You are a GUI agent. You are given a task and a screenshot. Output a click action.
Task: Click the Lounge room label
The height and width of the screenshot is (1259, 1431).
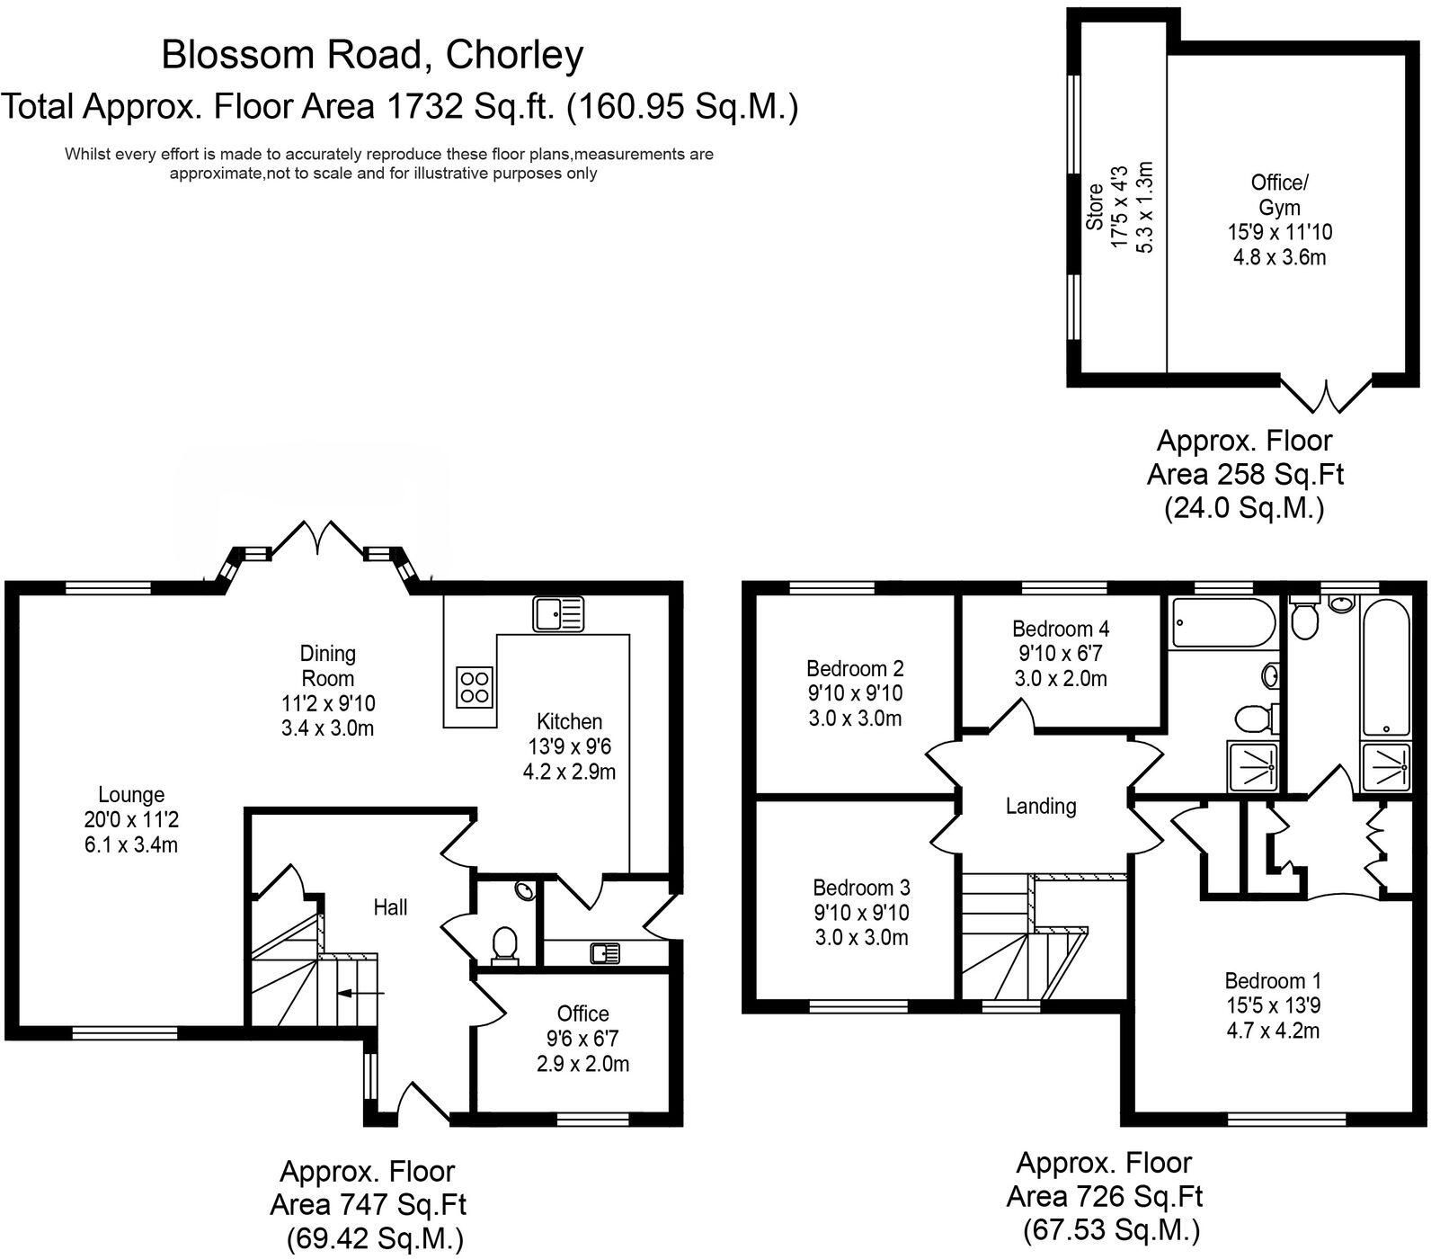coord(131,795)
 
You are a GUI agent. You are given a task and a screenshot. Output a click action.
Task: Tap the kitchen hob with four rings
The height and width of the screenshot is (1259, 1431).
coord(475,686)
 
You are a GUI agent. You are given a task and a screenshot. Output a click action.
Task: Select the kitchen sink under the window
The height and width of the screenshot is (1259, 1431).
coord(558,614)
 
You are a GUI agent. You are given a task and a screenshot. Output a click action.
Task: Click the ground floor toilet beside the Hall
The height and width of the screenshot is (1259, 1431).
coord(505,944)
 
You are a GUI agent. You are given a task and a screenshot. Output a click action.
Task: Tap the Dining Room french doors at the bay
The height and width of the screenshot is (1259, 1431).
coord(316,538)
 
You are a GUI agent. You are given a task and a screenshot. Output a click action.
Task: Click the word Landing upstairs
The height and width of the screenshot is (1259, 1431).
coord(1040,806)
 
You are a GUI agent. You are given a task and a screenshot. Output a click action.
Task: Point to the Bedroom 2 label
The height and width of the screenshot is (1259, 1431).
coord(855,668)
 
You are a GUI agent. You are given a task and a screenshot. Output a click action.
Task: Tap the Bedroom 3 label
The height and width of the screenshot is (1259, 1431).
coord(861,888)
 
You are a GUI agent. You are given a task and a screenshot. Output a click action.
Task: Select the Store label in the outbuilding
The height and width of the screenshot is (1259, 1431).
coord(1094,207)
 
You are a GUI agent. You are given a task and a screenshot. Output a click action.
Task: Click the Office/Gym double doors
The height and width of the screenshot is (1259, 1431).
coord(1327,394)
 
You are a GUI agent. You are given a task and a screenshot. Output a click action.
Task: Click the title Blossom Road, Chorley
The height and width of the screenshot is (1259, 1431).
coord(372,55)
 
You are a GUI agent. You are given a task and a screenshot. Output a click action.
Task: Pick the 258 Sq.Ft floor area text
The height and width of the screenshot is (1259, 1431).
coord(1245,474)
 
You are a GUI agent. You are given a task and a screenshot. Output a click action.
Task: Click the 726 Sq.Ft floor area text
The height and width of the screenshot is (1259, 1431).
coord(1104,1196)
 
